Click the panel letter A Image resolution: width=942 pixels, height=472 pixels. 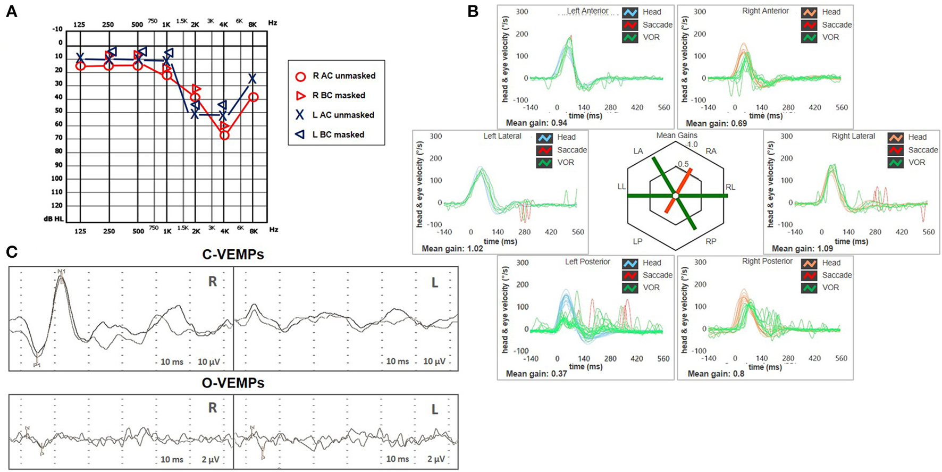(x=11, y=11)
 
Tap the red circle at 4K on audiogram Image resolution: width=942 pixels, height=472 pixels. (x=224, y=136)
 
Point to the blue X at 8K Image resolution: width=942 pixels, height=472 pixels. (x=253, y=79)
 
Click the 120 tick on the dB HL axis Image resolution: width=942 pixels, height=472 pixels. (x=56, y=206)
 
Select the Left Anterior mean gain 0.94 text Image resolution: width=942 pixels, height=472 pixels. (x=536, y=123)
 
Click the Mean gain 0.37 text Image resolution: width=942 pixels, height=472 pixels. (x=536, y=374)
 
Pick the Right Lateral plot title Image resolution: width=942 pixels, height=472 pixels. (x=853, y=136)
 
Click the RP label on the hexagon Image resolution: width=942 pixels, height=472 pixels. (x=711, y=241)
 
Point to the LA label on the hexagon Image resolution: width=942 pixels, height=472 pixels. (x=638, y=151)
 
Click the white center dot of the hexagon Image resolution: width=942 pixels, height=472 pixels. (x=676, y=196)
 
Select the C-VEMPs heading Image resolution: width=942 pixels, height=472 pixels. (x=233, y=255)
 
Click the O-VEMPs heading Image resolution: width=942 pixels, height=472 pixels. (x=233, y=383)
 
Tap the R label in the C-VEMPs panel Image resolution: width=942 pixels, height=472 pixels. (x=213, y=282)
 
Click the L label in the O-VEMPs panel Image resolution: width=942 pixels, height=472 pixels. (x=434, y=409)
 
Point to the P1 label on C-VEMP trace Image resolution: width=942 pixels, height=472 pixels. (x=37, y=365)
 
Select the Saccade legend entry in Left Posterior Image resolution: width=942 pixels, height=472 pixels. (x=657, y=275)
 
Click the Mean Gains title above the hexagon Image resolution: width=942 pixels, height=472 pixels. (x=676, y=136)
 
